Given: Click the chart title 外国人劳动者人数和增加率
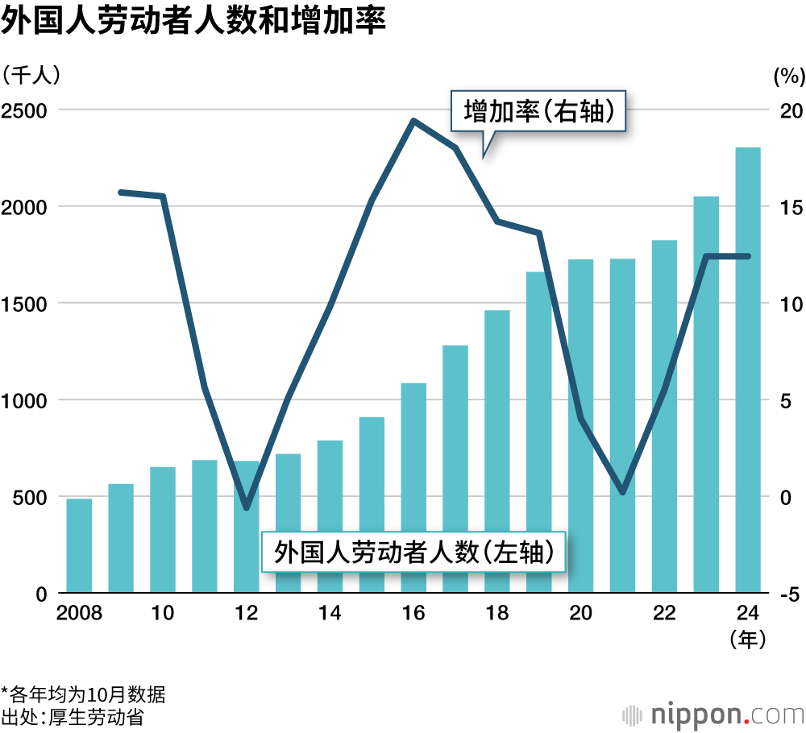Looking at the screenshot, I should click(x=193, y=22).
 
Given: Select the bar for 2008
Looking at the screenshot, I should click(x=79, y=546).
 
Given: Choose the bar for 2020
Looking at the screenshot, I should click(x=580, y=427).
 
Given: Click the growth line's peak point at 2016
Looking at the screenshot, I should click(x=413, y=122).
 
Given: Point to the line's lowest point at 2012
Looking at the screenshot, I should click(x=247, y=508).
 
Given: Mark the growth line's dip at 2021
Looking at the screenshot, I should click(x=622, y=491).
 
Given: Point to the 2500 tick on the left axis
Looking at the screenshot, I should click(x=23, y=110).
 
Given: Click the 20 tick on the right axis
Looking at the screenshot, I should click(x=787, y=110).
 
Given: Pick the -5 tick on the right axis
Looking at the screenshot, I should click(x=788, y=594).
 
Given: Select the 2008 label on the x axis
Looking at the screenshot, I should click(x=79, y=615).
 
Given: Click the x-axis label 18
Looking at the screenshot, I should click(x=497, y=615).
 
